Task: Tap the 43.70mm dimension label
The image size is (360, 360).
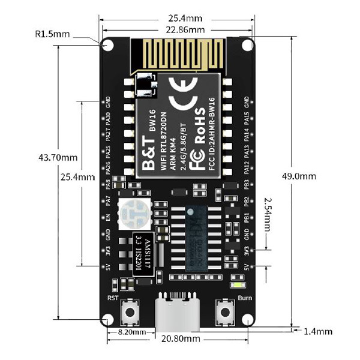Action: pyautogui.click(x=58, y=158)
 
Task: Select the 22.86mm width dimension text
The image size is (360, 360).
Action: pyautogui.click(x=180, y=29)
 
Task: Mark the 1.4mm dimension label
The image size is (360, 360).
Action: pyautogui.click(x=317, y=331)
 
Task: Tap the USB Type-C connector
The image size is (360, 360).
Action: pyautogui.click(x=177, y=312)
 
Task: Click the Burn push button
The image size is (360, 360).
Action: pyautogui.click(x=225, y=312)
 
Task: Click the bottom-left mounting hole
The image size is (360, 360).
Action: pyautogui.click(x=109, y=320)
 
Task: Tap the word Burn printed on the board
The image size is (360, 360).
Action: pyautogui.click(x=244, y=298)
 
